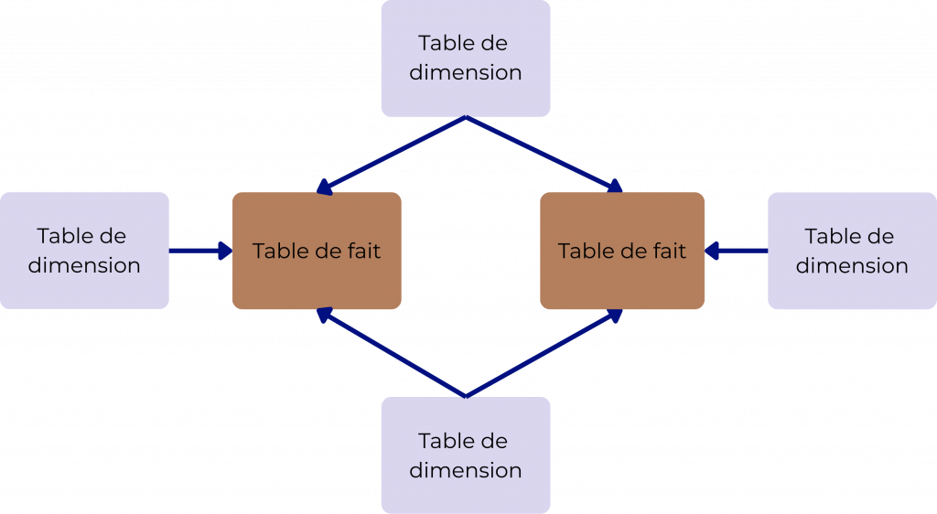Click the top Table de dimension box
tap(465, 58)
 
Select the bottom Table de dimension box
tap(465, 455)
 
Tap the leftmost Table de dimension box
tap(84, 250)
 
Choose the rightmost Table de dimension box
tap(851, 250)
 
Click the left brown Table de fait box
tap(317, 250)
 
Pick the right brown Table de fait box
tap(622, 250)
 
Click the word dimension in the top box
tap(465, 72)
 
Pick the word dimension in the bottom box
tap(465, 470)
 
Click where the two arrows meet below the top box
tap(466, 119)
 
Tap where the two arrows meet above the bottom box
tap(466, 394)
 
